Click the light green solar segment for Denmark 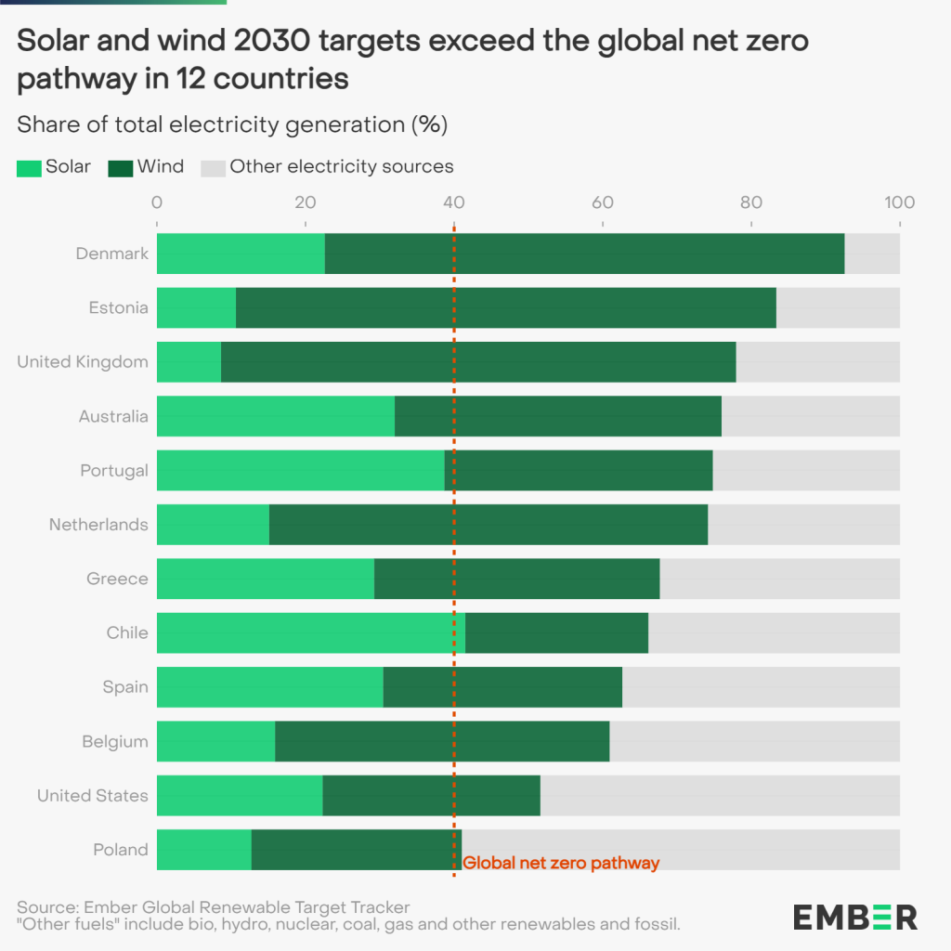point(241,254)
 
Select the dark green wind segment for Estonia point(506,307)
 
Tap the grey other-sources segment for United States point(720,795)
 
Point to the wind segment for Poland point(356,849)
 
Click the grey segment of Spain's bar point(761,686)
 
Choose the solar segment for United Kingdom point(189,361)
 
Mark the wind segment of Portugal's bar point(579,470)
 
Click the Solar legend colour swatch point(29,168)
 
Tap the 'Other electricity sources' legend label point(342,167)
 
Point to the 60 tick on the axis point(603,202)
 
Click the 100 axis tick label point(900,202)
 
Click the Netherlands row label point(98,525)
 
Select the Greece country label point(117,579)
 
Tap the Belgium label point(114,741)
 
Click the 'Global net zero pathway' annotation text point(561,863)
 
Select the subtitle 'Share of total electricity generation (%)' point(232,124)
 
